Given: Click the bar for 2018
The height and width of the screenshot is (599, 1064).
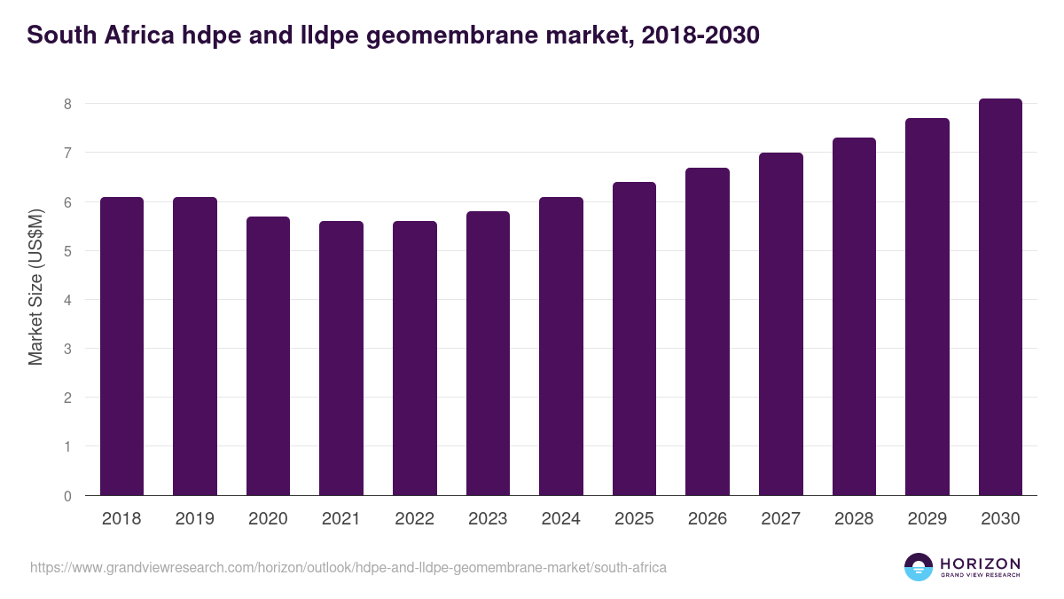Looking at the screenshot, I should tap(121, 346).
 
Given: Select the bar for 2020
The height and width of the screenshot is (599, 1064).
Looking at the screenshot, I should tap(268, 356).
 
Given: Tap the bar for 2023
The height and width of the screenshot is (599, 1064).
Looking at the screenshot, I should tap(488, 353).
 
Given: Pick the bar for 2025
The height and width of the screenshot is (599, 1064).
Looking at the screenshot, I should tap(634, 338).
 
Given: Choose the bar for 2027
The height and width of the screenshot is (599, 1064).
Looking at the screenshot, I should tap(781, 324).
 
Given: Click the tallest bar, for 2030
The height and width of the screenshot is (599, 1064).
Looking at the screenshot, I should tap(1000, 297).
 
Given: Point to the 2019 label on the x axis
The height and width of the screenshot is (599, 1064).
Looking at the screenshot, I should tap(194, 519).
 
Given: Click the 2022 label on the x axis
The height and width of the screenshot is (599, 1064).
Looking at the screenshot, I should tap(414, 519).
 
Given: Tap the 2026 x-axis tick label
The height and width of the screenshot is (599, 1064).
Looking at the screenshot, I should tap(708, 519).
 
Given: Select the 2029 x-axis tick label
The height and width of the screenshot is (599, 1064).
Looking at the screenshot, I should tap(927, 519).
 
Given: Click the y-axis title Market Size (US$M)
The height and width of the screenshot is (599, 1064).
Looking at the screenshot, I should tap(35, 287).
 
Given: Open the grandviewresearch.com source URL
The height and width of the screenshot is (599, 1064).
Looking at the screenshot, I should tap(348, 567).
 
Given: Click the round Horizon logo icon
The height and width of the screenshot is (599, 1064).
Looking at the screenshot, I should tap(919, 567).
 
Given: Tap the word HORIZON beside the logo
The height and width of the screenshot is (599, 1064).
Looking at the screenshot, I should tap(980, 564).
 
